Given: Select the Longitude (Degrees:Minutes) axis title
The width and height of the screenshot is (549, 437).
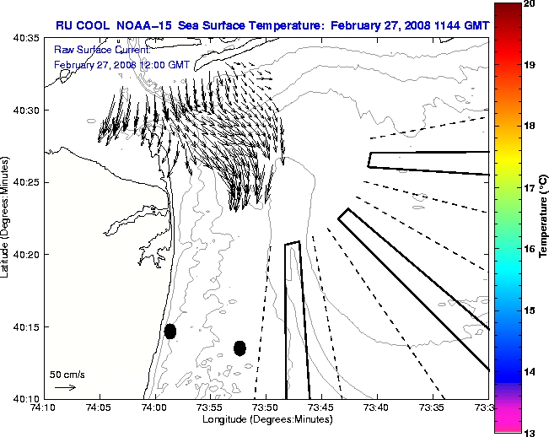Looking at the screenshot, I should coord(266,419).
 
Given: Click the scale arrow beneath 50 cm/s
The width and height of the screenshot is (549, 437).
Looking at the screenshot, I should coord(65,387).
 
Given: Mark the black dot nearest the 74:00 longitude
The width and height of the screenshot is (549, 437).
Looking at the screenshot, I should coord(170,331).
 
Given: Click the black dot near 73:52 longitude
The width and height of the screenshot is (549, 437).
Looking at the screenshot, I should coord(240,348).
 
